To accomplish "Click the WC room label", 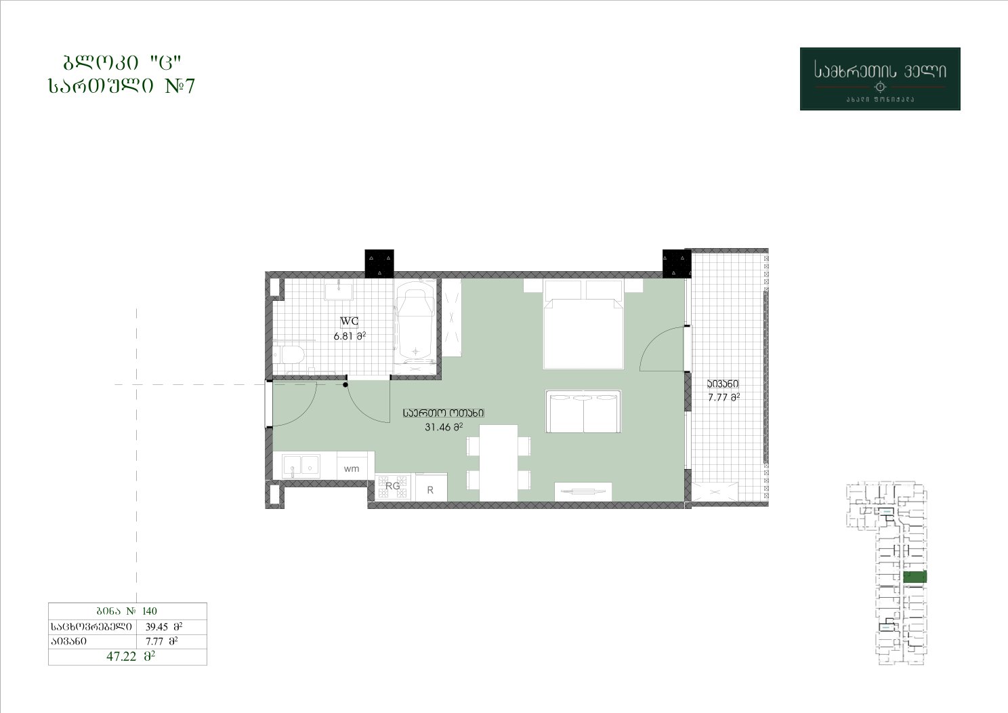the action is [349, 321].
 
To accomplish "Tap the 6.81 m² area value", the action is [350, 335].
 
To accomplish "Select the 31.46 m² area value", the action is [444, 427].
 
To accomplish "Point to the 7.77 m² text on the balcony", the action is [723, 397].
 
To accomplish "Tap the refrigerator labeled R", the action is [431, 487].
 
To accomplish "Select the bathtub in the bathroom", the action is [415, 321].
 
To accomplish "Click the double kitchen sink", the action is [301, 466].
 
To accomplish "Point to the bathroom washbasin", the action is [339, 289].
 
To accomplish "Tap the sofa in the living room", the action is [583, 411].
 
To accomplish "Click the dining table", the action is [498, 463].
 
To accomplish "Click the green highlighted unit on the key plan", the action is [915, 577].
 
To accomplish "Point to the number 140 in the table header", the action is [150, 611].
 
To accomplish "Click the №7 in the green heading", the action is [180, 86].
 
